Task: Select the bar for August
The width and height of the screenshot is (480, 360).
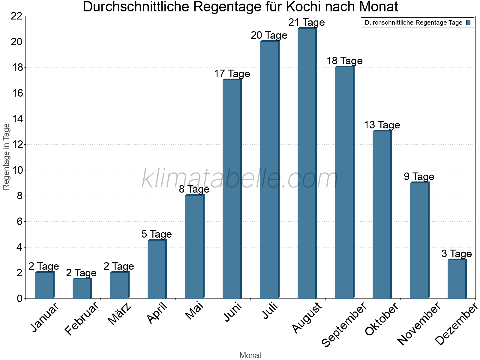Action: (307, 163)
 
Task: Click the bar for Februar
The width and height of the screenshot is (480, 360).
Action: (82, 289)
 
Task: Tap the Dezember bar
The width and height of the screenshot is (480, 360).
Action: (457, 279)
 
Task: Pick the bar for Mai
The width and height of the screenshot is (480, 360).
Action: (194, 247)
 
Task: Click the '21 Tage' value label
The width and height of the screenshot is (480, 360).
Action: (307, 22)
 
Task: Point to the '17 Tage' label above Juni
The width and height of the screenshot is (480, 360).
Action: (232, 74)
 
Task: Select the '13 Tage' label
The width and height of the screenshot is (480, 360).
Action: (382, 125)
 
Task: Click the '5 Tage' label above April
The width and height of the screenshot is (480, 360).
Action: (157, 234)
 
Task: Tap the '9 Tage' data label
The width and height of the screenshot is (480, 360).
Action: (419, 177)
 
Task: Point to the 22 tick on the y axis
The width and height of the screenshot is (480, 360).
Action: (16, 16)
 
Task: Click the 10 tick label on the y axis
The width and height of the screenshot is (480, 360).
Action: (16, 170)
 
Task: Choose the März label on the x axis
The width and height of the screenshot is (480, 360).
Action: (119, 314)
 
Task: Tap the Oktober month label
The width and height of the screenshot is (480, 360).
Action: (382, 319)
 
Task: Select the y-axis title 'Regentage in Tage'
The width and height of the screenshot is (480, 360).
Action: (7, 157)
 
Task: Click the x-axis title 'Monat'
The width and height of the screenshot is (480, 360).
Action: (250, 355)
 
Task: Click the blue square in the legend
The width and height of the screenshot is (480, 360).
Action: (469, 23)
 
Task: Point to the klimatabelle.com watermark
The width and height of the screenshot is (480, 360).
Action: (240, 179)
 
